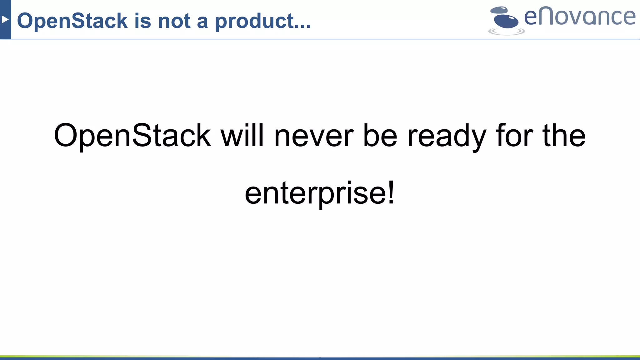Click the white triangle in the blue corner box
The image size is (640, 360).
coord(5,20)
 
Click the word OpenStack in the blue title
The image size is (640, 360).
coord(72,21)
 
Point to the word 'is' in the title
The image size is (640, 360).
coord(143,21)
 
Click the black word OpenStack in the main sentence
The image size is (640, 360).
coord(132,136)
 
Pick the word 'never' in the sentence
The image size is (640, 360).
coord(314,136)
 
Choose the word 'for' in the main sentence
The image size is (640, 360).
coord(514,136)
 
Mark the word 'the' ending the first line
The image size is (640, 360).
coord(564,136)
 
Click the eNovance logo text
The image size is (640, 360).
coord(580,17)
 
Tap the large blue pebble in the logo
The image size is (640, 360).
coord(506,21)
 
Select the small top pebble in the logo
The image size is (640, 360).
coord(499,10)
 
